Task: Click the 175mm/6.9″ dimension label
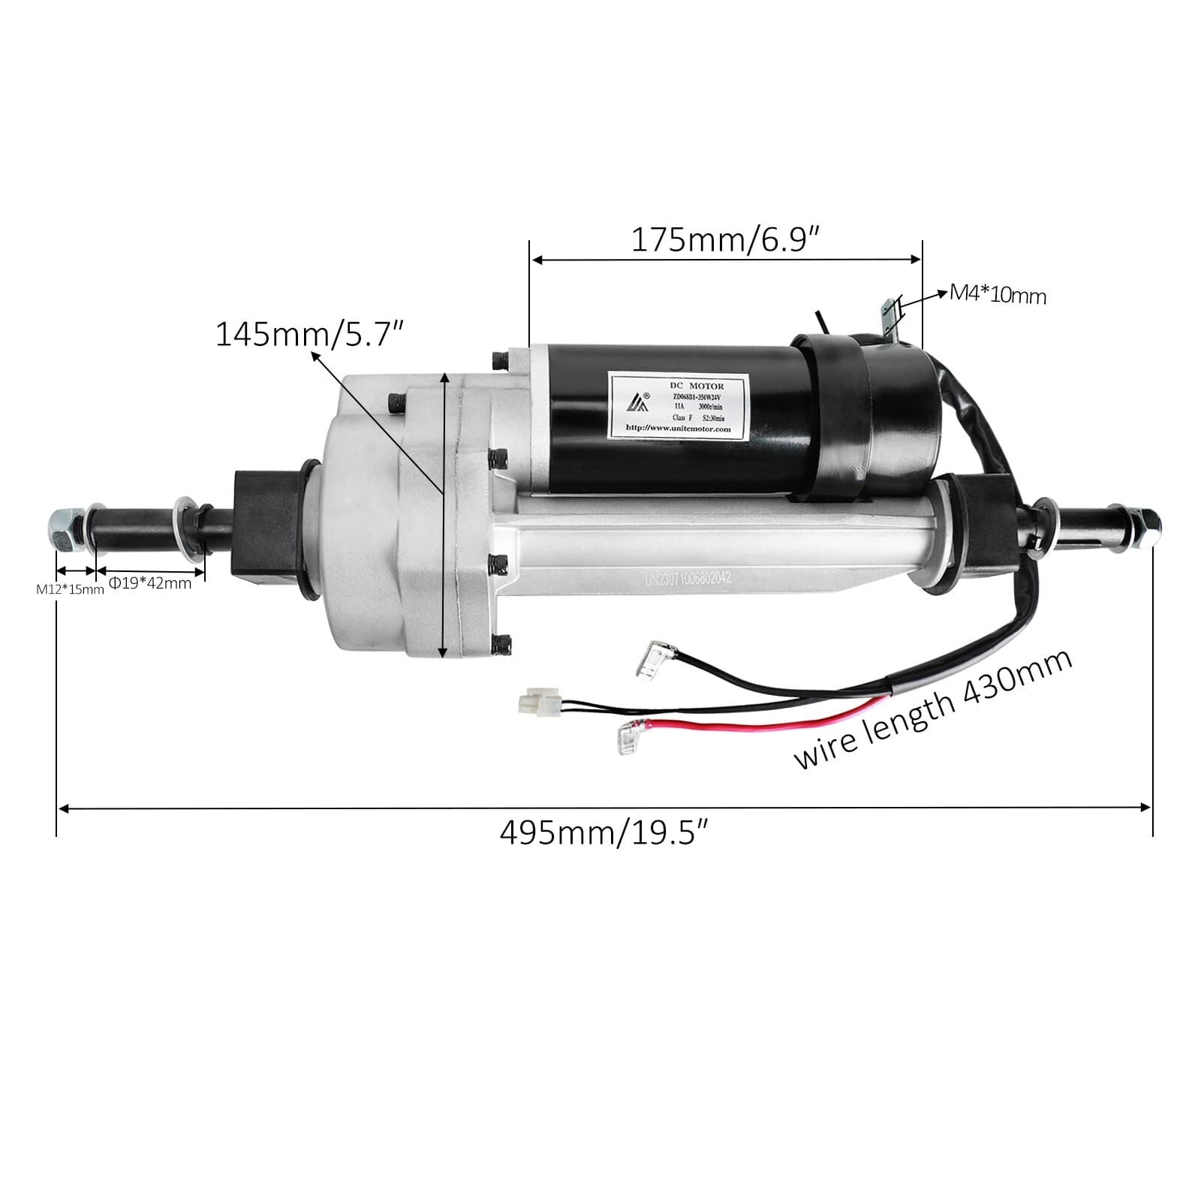coord(724,240)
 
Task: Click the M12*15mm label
coord(70,589)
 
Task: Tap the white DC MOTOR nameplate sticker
coord(677,404)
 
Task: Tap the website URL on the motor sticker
coord(677,429)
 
